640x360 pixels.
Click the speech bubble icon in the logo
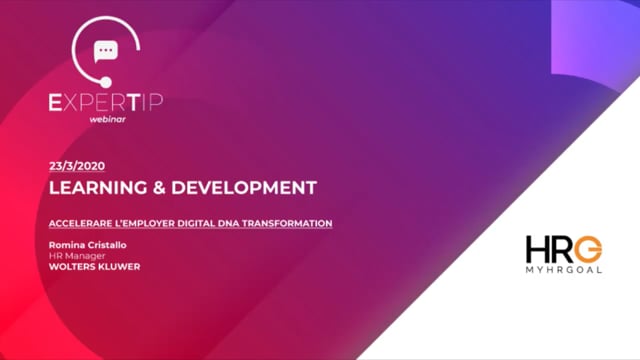click(x=104, y=51)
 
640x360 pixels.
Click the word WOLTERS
click(x=72, y=266)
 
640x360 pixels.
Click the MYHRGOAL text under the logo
click(x=565, y=270)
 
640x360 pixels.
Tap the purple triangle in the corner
click(x=610, y=40)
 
